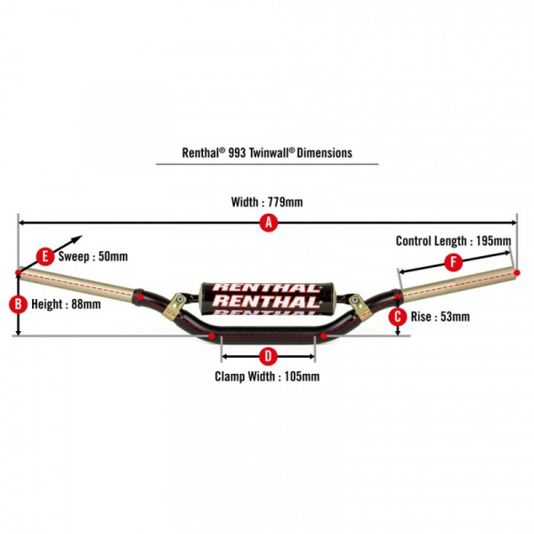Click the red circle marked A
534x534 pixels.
coord(267,224)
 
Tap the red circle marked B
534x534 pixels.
coord(18,303)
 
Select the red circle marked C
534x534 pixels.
coord(397,316)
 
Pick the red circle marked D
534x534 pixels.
coord(267,357)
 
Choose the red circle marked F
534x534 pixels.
coord(455,262)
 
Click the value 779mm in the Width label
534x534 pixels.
coord(285,202)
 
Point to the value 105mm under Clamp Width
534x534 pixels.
coord(299,376)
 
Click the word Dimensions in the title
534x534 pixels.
coord(325,152)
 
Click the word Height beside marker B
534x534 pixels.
coord(46,303)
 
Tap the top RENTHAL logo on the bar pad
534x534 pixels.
coord(266,287)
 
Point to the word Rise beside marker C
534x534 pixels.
coord(421,316)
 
